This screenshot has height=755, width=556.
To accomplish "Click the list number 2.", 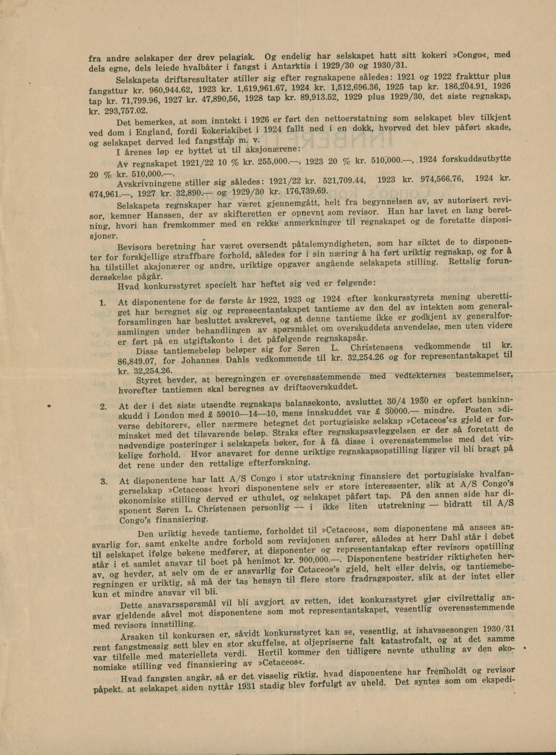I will coord(103,407).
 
